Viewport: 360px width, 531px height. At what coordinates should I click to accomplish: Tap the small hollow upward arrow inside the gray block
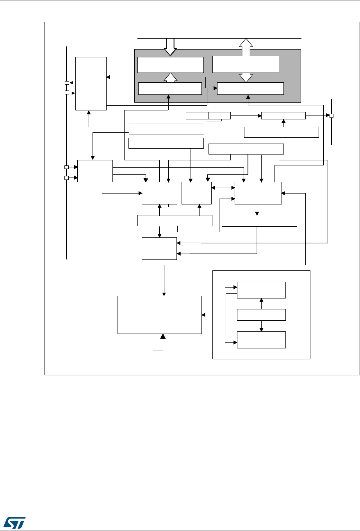(170, 78)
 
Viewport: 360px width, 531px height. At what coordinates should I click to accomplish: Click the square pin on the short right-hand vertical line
(331, 116)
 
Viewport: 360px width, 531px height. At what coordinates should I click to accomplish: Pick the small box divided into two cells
(208, 116)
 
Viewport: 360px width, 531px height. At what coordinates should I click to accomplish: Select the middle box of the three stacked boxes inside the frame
(261, 315)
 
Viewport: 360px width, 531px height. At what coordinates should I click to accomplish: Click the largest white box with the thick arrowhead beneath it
(160, 314)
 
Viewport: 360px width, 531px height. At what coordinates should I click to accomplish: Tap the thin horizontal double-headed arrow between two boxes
(223, 188)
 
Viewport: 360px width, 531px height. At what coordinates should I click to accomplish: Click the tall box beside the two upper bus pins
(91, 83)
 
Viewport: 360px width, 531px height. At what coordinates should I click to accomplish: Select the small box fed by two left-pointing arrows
(159, 249)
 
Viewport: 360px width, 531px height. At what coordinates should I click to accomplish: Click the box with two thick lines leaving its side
(95, 171)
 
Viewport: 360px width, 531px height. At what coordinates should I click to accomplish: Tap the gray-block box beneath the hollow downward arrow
(171, 65)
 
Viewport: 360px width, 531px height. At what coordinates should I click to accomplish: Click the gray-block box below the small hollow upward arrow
(170, 89)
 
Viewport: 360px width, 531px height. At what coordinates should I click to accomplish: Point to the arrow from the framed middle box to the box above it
(261, 301)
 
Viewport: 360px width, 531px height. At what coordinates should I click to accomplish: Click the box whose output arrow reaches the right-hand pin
(283, 116)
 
